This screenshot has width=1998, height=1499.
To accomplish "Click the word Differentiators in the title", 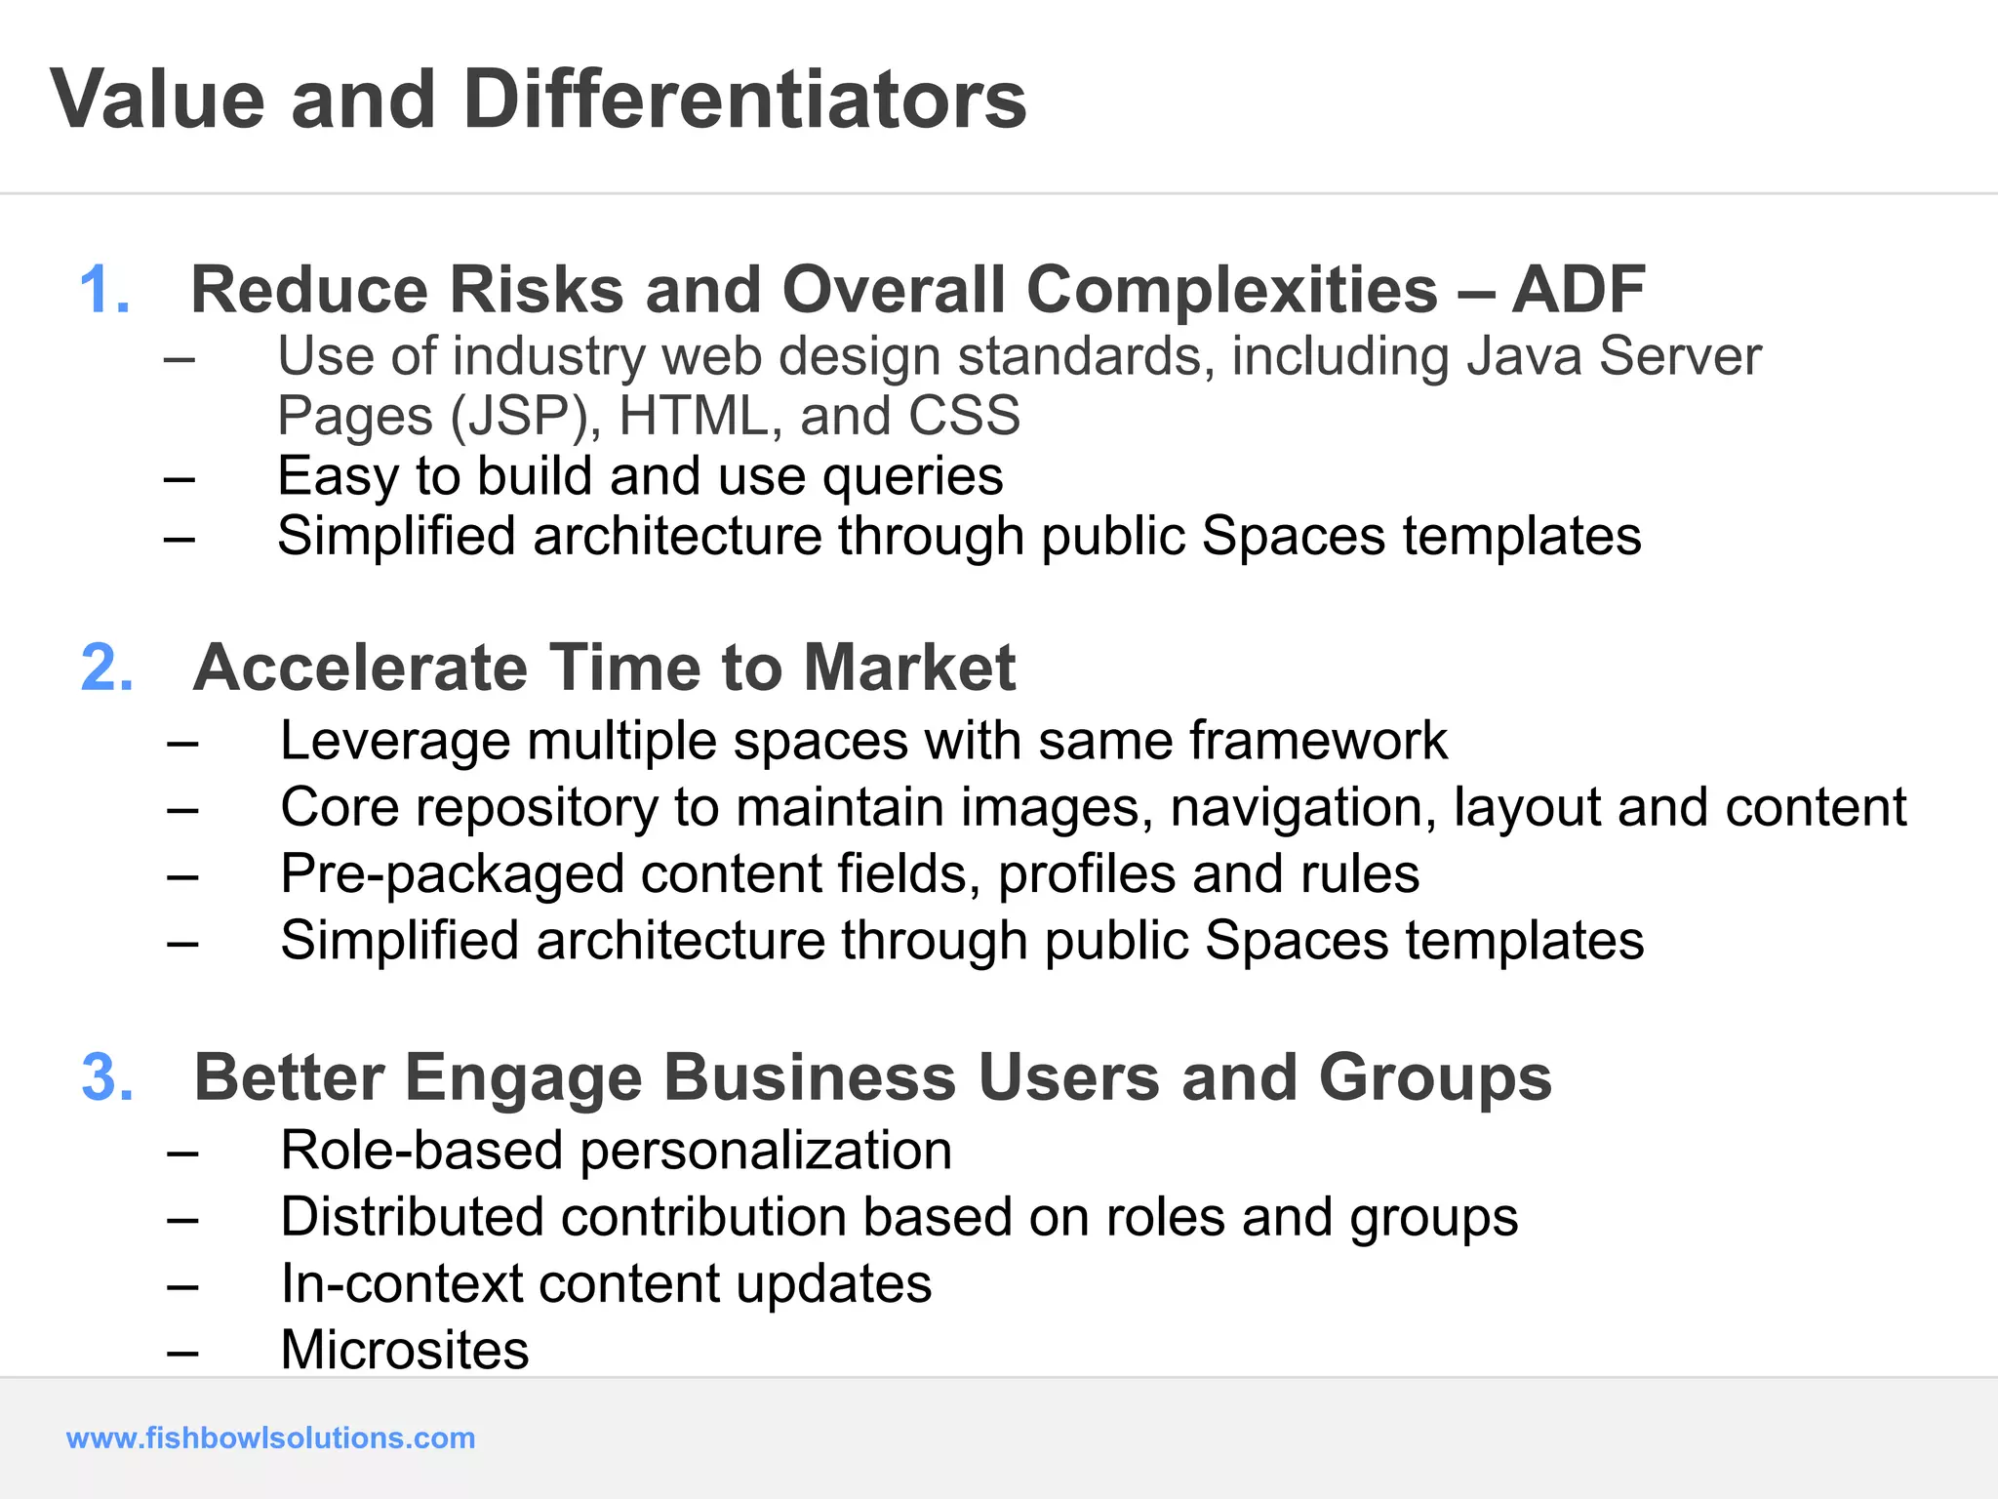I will click(x=744, y=100).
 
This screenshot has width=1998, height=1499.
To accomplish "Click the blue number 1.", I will click(x=102, y=291).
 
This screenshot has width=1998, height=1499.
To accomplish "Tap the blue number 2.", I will click(x=106, y=668).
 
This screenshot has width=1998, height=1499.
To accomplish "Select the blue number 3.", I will click(x=106, y=1078).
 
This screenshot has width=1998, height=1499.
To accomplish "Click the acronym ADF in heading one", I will click(x=1578, y=291).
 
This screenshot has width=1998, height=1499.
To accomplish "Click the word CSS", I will click(x=964, y=417).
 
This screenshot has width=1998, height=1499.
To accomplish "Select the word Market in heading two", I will click(x=908, y=668).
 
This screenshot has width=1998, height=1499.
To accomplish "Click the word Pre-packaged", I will click(x=452, y=875).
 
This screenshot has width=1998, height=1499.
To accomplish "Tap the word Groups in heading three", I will click(x=1434, y=1078).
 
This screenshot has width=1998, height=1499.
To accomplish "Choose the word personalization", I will click(x=766, y=1152).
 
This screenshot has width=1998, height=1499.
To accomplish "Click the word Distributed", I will click(x=413, y=1218).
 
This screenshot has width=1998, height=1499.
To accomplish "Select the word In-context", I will click(x=402, y=1284).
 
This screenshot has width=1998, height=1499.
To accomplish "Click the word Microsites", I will click(x=405, y=1351).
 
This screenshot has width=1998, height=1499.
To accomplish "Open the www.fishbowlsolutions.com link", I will click(x=270, y=1438).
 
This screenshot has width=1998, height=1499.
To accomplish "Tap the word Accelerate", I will click(x=359, y=668).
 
